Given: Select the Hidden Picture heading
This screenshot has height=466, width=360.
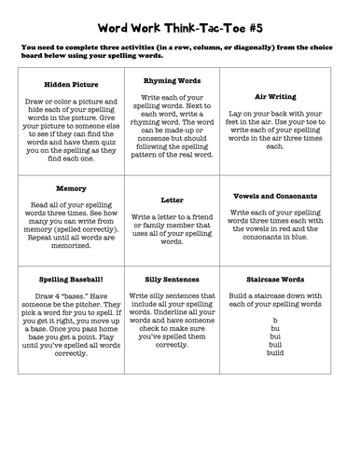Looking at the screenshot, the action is [64, 83].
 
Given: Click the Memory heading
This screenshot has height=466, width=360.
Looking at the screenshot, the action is [64, 187].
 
